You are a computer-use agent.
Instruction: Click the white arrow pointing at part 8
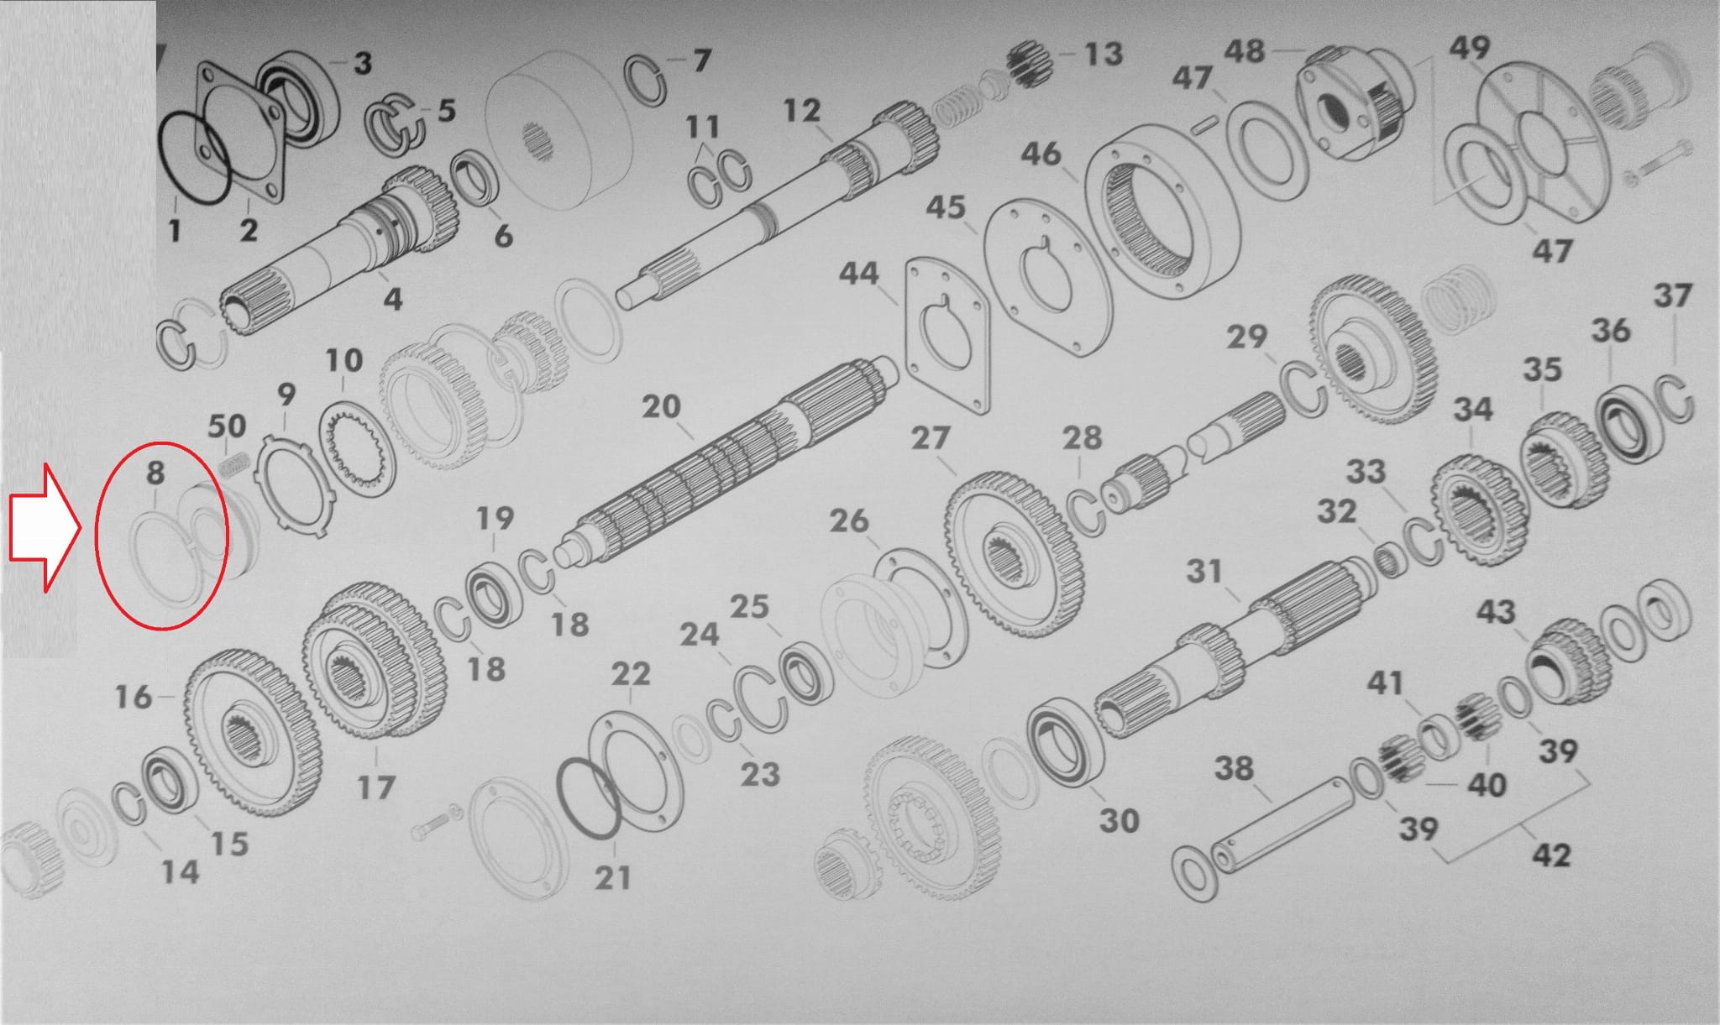[x=44, y=527]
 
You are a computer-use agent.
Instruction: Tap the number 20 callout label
[x=661, y=407]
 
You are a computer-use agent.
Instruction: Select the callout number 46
[x=1041, y=154]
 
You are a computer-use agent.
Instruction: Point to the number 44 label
[x=858, y=274]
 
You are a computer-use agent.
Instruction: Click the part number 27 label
[x=930, y=438]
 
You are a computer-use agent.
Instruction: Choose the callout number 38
[x=1234, y=768]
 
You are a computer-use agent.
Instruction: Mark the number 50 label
[x=227, y=426]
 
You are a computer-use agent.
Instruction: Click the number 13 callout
[x=1104, y=54]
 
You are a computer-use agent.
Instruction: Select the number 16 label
[x=134, y=697]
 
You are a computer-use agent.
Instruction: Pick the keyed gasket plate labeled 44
[x=947, y=335]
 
